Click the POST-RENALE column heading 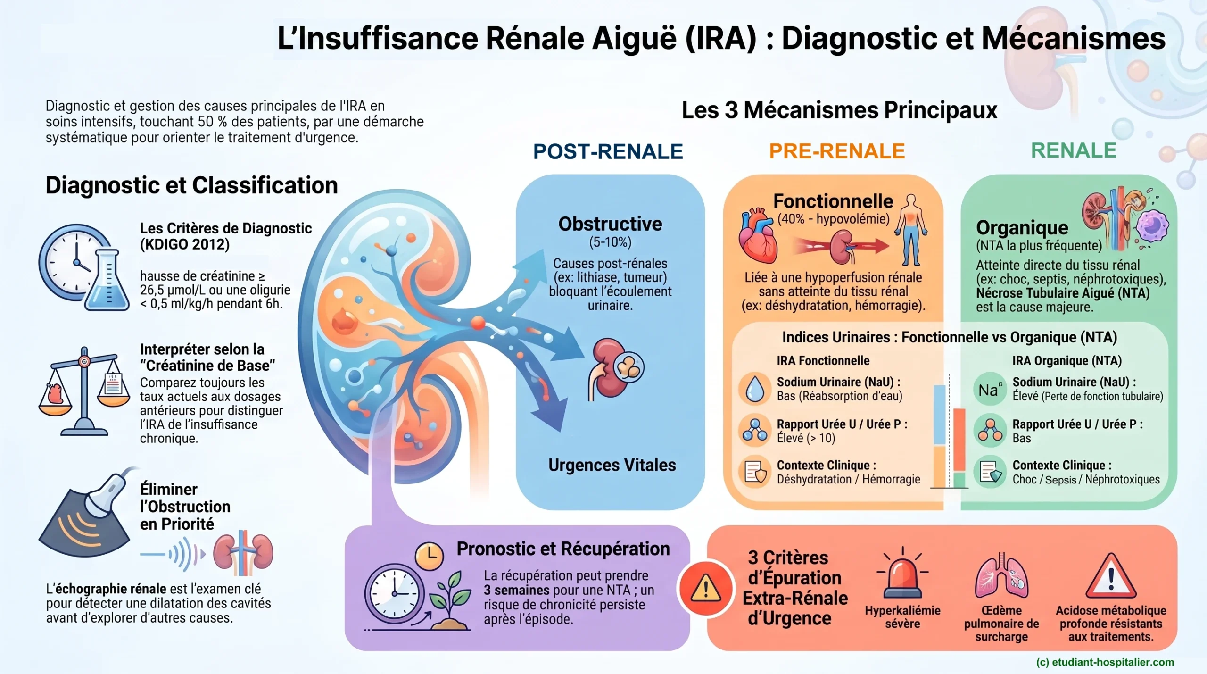608,151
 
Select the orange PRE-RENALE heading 837,151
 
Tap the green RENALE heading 1074,150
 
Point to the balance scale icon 84,391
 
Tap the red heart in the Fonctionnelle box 757,236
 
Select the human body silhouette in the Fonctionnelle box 911,230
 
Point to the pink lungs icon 1001,576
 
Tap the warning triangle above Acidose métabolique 1111,576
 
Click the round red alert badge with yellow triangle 705,588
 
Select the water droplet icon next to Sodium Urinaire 755,389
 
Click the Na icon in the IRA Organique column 990,389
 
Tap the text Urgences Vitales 612,465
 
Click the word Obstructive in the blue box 610,224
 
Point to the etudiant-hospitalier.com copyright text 1105,662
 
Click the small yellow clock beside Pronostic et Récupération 429,556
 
